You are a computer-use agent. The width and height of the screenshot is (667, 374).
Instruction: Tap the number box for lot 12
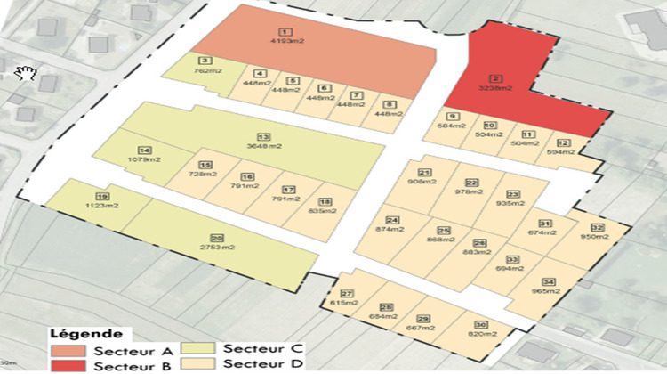561,142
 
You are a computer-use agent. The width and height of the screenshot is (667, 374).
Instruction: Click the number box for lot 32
597,228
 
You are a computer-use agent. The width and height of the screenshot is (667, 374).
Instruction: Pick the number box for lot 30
481,325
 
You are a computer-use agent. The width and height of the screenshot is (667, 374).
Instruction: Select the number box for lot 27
347,294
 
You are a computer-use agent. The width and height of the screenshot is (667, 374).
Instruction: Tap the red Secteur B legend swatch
67,365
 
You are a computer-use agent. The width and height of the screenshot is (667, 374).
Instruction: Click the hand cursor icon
23,71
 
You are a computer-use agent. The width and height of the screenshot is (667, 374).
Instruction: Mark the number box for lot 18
325,203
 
